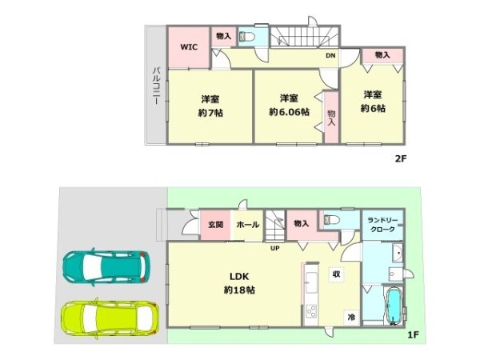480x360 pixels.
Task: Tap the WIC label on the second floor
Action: (x=188, y=46)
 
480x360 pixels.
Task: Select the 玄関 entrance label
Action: (x=214, y=225)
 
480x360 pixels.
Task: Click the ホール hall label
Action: (x=248, y=225)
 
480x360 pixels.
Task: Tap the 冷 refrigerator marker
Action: (x=350, y=316)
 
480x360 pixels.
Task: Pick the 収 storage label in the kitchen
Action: (x=338, y=274)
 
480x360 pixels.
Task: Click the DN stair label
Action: (x=330, y=55)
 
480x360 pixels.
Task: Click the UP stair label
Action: (x=274, y=247)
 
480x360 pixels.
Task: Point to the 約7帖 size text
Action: (x=211, y=113)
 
